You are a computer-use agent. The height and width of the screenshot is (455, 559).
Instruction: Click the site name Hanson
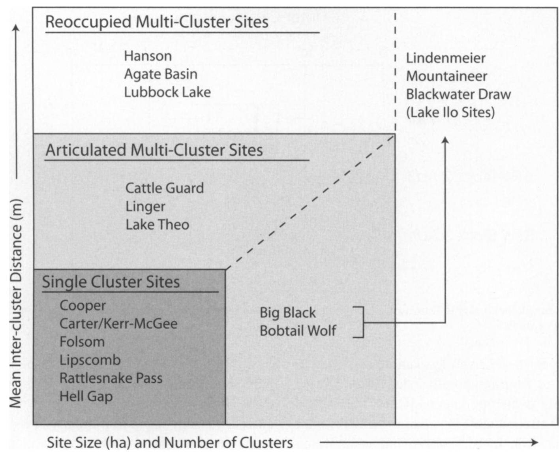pos(148,56)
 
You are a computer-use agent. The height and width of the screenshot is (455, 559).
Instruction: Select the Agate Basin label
pos(160,74)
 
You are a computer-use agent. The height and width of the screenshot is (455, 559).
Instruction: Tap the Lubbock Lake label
pos(167,92)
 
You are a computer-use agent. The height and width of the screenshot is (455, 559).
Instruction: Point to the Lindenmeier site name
pos(445,58)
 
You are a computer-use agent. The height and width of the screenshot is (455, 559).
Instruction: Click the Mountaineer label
pos(446,76)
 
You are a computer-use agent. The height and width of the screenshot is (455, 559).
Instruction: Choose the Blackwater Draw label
pos(458,94)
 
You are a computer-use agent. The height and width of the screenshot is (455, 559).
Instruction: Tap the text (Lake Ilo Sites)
pos(450,113)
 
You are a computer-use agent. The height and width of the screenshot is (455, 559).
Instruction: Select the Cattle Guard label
pos(164,188)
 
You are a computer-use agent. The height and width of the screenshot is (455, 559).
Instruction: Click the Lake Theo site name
pos(157,225)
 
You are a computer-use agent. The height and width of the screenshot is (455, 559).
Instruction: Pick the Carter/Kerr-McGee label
pos(118,324)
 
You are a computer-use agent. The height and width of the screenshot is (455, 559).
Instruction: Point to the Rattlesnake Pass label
pos(111,378)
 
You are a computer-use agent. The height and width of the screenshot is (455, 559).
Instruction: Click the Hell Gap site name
pos(86,397)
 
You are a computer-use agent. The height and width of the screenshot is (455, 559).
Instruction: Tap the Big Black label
pos(287,313)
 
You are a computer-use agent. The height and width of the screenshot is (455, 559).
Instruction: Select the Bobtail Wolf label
pos(298,331)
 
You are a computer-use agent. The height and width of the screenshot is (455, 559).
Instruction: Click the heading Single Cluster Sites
pos(111,282)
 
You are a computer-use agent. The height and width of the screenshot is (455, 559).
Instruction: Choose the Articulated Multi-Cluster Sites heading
pos(154,150)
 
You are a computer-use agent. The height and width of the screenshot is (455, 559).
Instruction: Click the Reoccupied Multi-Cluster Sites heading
pos(157,22)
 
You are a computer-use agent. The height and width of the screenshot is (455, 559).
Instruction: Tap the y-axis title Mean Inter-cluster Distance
pos(15,303)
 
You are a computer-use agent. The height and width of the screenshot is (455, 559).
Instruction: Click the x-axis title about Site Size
pos(170,443)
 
